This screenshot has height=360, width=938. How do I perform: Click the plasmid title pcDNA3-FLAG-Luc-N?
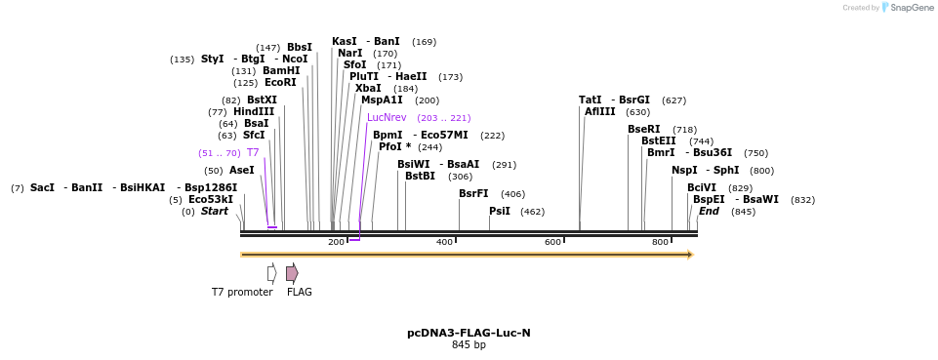point(469,333)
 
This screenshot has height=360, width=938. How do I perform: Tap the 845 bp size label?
point(469,345)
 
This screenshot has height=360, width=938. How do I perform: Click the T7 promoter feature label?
point(242,292)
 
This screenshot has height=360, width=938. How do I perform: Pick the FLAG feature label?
point(300,292)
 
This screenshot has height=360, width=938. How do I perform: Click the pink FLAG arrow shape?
point(292,272)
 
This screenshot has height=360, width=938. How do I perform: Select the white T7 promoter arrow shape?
point(272,272)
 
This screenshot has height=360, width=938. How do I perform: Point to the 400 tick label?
point(444,242)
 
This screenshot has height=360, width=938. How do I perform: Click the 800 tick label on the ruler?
point(660,242)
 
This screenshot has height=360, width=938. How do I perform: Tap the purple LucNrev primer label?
point(387,117)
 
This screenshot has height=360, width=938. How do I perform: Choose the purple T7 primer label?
point(253,152)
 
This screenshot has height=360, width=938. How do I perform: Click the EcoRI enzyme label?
point(280,83)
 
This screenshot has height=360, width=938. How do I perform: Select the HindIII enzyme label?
point(254,111)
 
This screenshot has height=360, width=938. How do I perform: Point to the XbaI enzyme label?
point(368,88)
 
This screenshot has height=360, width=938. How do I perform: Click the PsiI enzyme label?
point(500,211)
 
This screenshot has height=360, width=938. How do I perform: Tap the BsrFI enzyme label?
point(473,193)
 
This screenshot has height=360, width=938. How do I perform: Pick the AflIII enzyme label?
point(600,111)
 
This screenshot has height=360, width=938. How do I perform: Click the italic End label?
point(709,211)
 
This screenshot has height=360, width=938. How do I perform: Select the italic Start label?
point(215,211)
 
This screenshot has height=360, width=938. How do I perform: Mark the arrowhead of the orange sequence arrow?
point(690,255)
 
